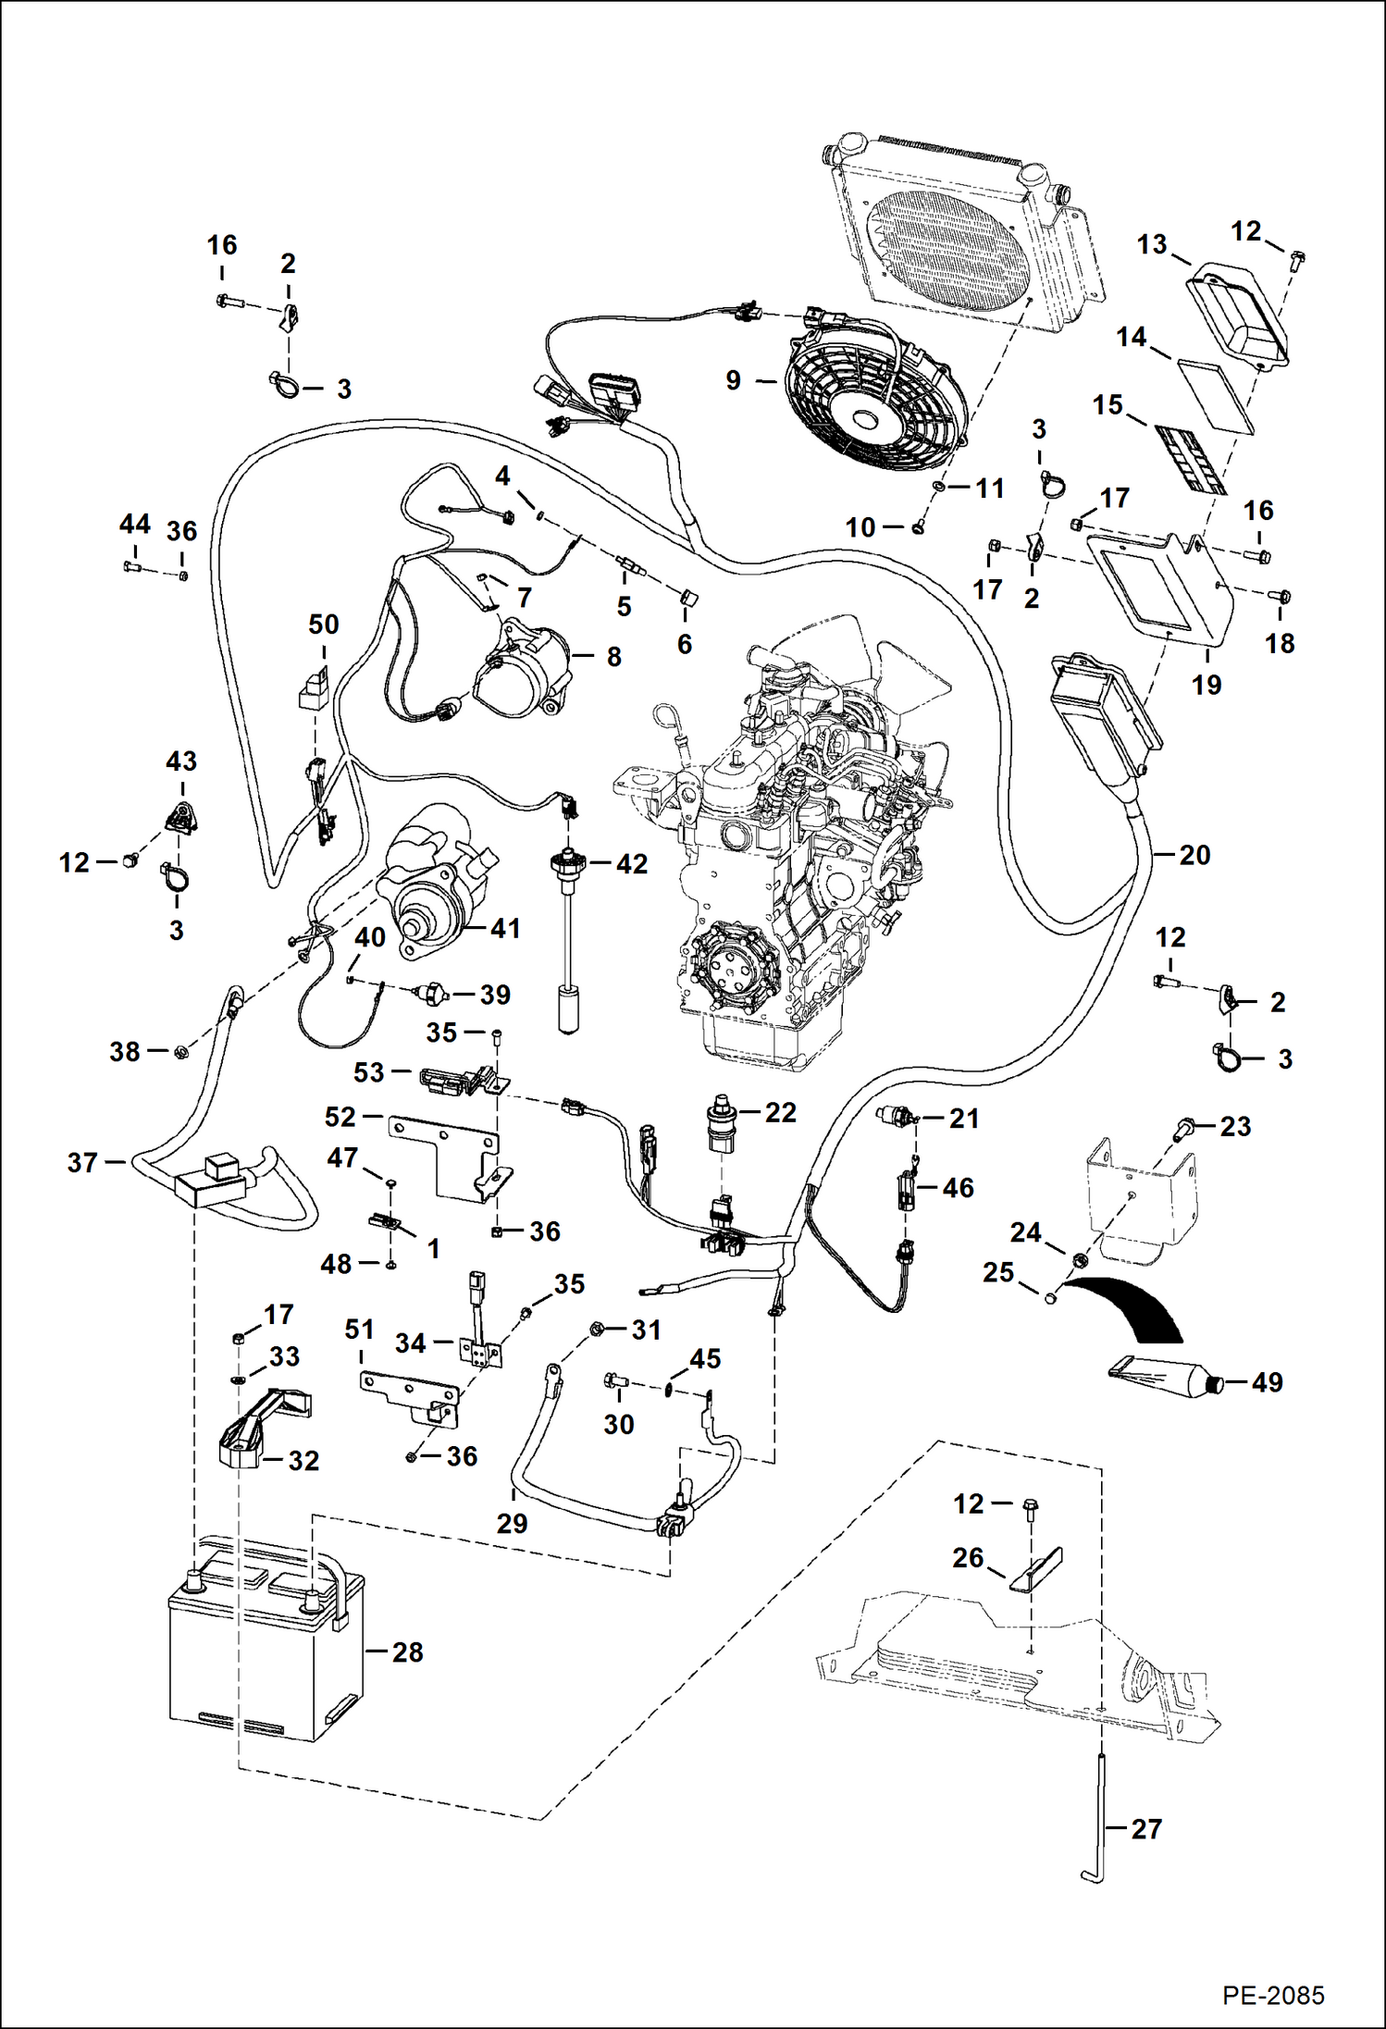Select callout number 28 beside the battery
(407, 1652)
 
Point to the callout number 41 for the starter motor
(505, 928)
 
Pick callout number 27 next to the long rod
(1146, 1828)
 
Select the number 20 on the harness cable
(1194, 855)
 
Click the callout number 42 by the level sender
(632, 863)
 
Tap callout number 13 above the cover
(1152, 244)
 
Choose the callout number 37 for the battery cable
(82, 1162)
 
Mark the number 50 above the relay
(324, 625)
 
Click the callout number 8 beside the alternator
(614, 657)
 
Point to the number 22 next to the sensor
(780, 1112)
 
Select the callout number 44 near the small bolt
(135, 525)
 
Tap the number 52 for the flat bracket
(340, 1117)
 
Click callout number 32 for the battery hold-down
(303, 1460)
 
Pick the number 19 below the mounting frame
(1207, 685)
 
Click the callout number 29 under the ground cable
(512, 1523)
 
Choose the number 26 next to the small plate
(968, 1557)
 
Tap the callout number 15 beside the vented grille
(1108, 405)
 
